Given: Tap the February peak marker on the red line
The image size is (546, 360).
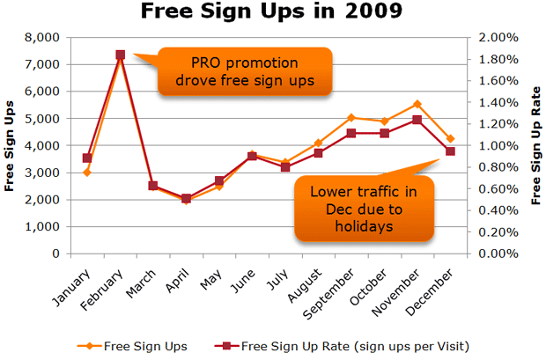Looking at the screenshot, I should (121, 55).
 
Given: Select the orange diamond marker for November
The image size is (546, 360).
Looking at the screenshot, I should (417, 104).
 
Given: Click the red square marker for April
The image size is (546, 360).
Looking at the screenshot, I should (187, 199).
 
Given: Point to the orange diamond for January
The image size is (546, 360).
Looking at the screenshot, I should (87, 173).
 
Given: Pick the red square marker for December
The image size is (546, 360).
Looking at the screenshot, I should (450, 151).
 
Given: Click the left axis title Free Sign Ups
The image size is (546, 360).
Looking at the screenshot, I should (11, 145).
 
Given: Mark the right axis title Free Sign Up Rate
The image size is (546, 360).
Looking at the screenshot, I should (535, 145).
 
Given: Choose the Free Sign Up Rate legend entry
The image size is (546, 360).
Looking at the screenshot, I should (343, 345).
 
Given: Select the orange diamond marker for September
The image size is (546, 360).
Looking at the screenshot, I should (351, 117).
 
